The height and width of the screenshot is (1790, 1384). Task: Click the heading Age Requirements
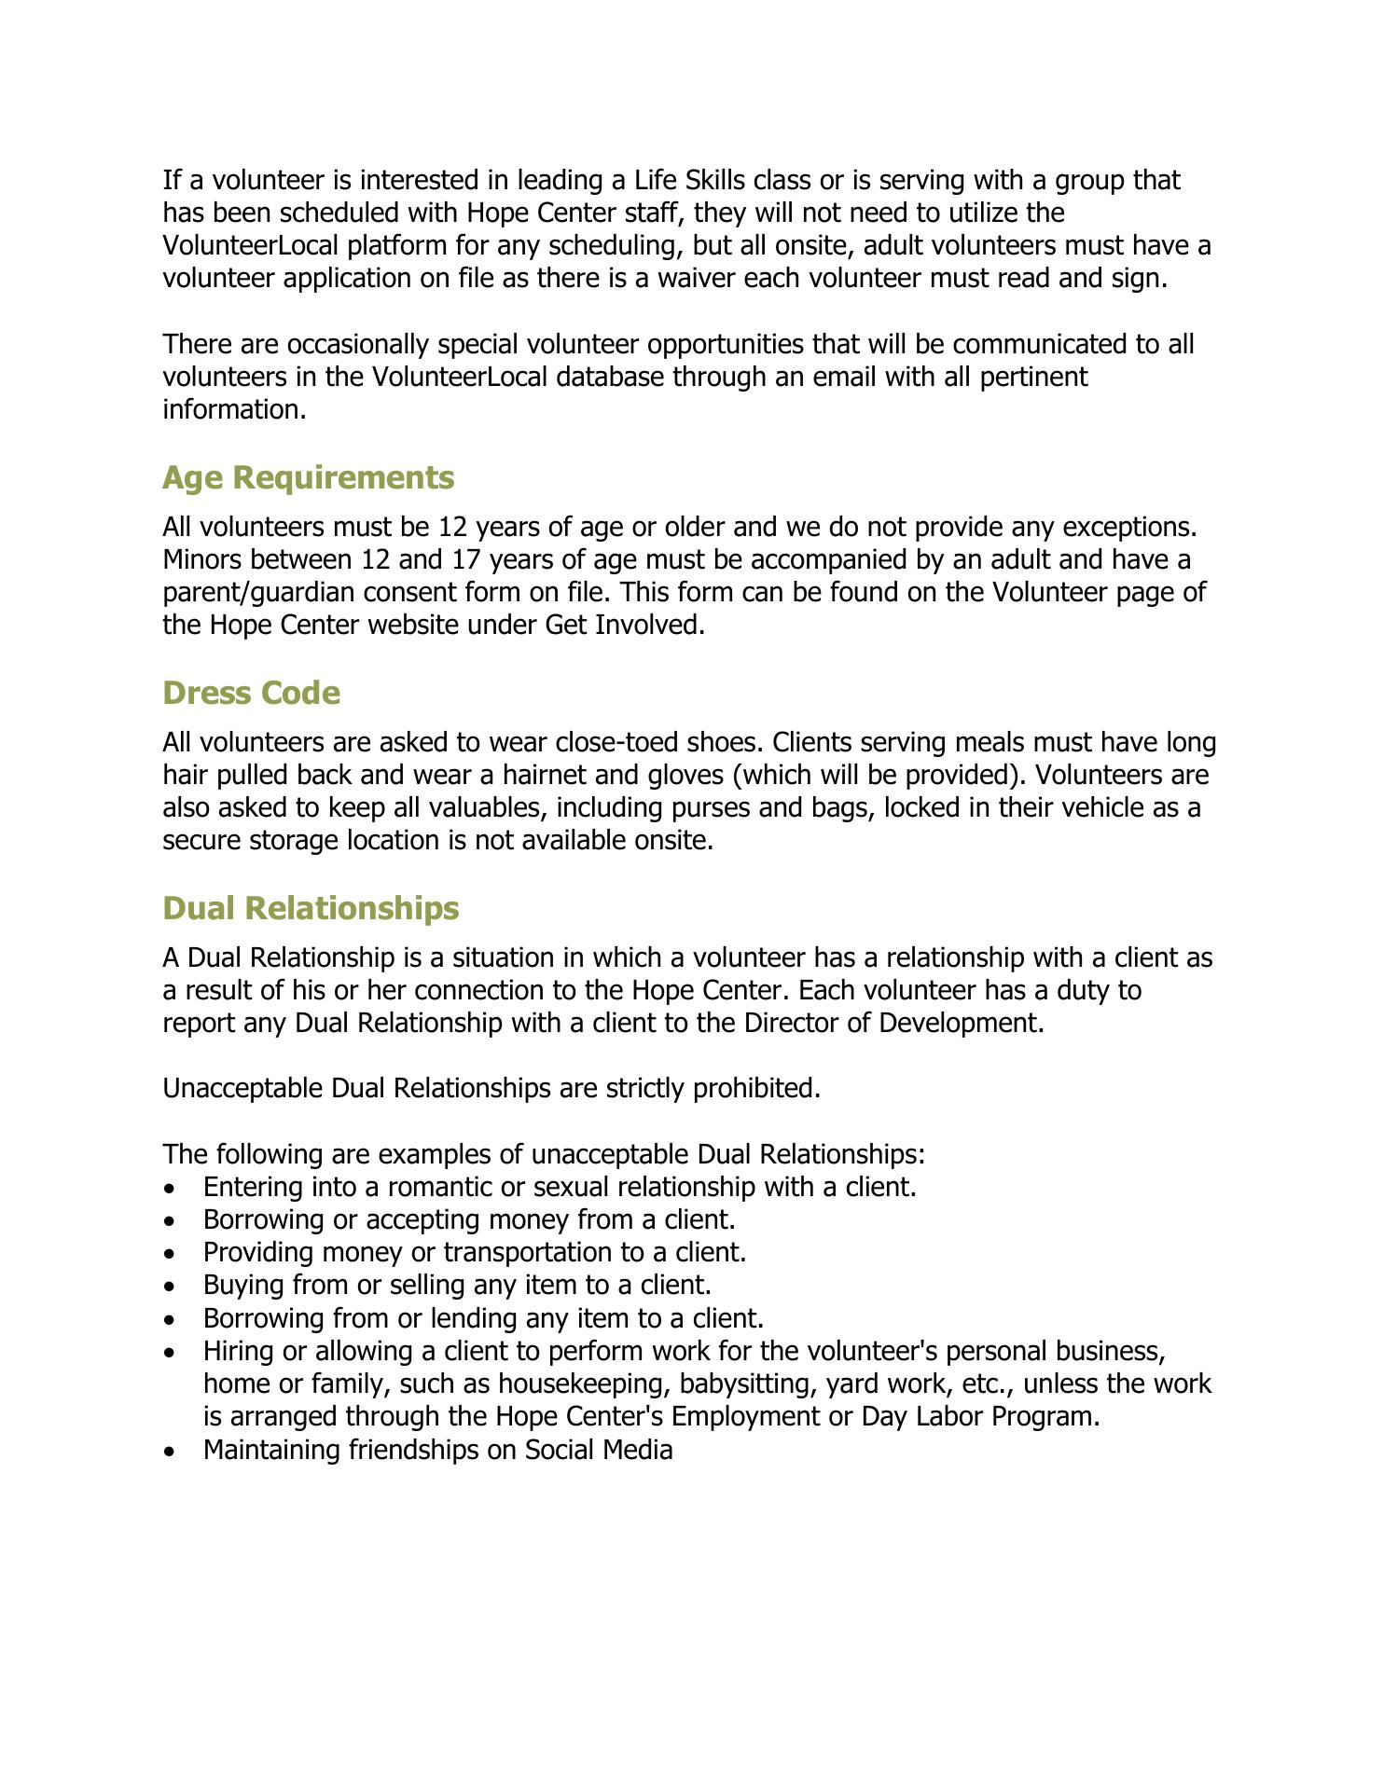click(308, 477)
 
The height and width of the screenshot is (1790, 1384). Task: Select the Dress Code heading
click(251, 693)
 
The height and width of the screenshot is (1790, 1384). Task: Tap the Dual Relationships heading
click(311, 908)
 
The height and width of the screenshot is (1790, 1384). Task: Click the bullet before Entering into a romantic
click(168, 1190)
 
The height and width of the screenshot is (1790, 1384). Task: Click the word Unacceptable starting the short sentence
click(243, 1089)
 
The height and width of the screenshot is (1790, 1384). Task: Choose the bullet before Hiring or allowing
click(168, 1353)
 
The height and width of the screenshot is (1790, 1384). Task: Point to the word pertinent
click(1033, 377)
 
